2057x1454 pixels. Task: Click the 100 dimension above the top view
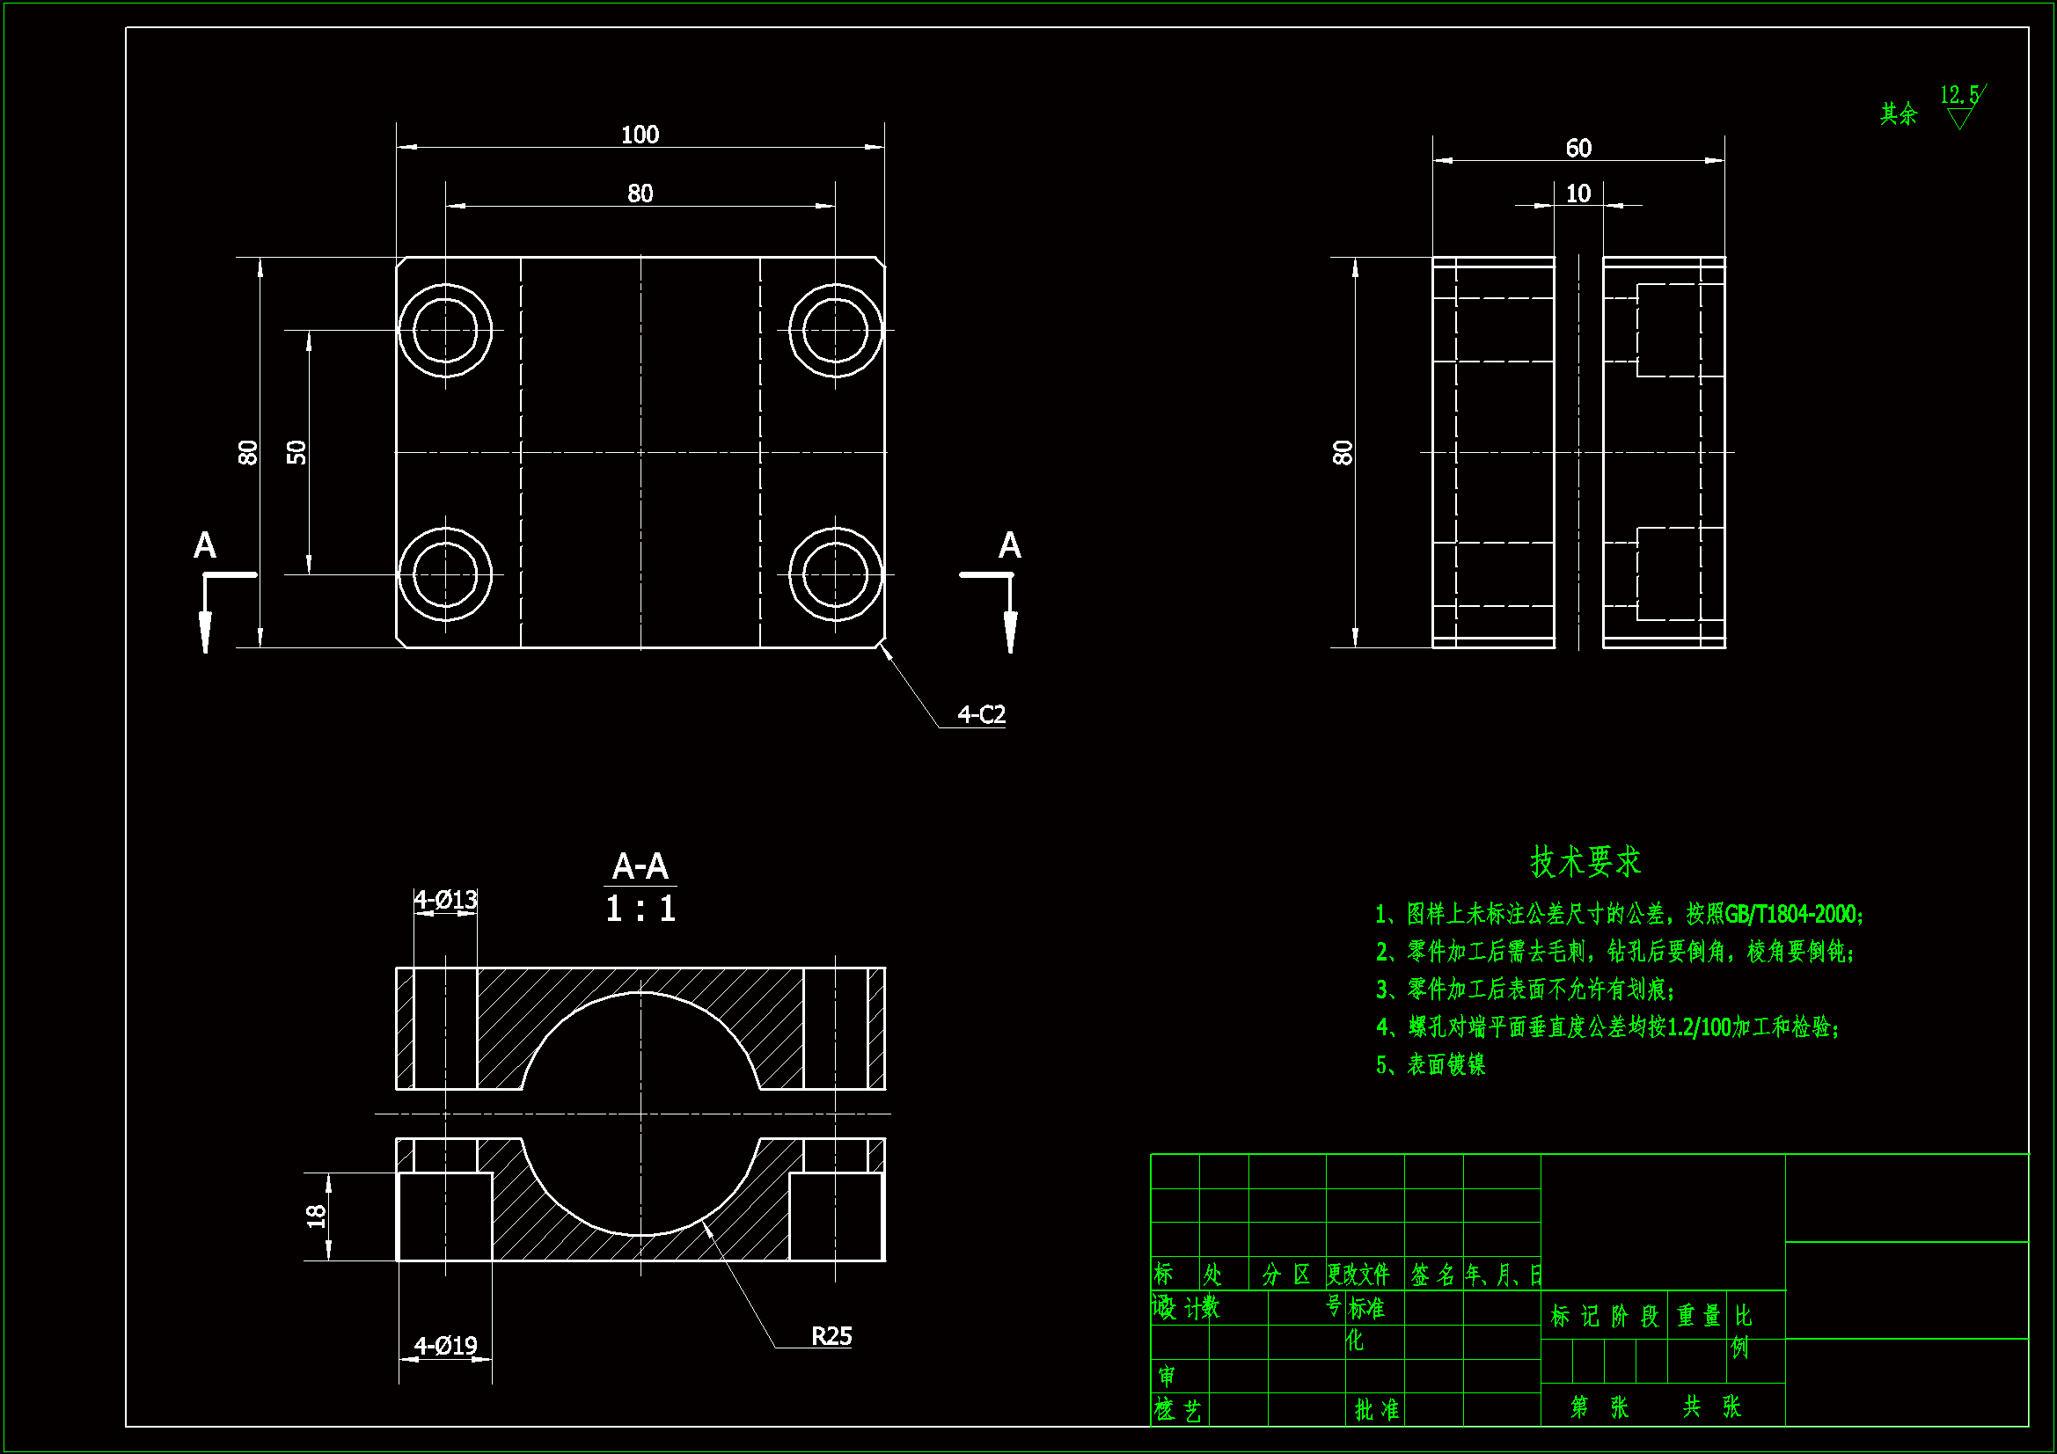pos(640,135)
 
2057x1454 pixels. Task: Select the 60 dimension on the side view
pos(1578,148)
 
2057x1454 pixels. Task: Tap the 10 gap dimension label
pos(1578,194)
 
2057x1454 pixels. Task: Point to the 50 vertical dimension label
pos(296,452)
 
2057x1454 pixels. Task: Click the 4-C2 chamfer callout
pos(981,714)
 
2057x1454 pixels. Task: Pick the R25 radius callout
pos(831,1336)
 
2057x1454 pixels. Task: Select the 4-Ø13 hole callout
pos(445,900)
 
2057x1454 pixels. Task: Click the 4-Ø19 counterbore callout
pos(445,1346)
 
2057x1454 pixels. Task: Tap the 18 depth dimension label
pos(316,1216)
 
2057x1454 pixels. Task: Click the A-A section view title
pos(640,866)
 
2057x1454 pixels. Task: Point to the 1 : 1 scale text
pos(640,910)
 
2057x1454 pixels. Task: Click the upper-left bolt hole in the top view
pos(445,330)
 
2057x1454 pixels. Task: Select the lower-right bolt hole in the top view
pos(835,574)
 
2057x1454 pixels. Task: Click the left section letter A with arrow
pos(205,545)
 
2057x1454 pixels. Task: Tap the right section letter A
pos(1010,545)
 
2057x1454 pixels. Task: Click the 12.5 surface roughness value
pos(1958,95)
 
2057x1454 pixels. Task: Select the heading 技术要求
pos(1585,862)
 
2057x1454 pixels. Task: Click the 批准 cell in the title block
pos(1376,1409)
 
